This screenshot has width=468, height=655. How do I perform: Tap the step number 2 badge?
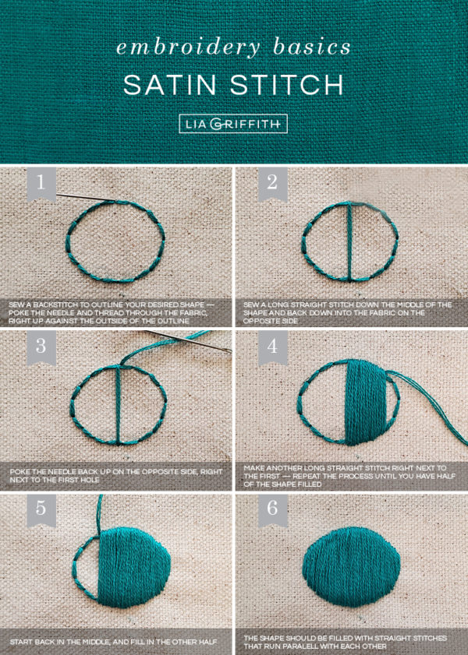pos(272,185)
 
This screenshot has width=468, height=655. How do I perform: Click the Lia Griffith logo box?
pos(233,123)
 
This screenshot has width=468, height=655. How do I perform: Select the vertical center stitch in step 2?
pos(350,241)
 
